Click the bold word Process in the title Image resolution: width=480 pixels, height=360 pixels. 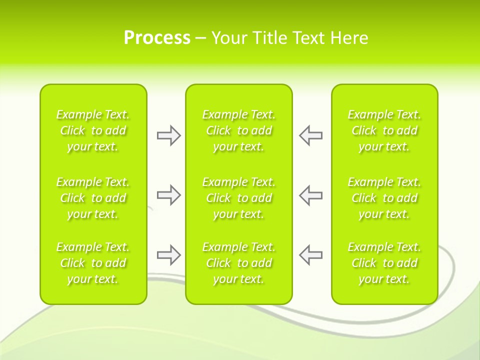pyautogui.click(x=157, y=38)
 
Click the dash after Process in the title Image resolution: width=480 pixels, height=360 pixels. pyautogui.click(x=201, y=38)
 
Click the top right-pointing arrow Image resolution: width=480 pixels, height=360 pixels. pyautogui.click(x=168, y=135)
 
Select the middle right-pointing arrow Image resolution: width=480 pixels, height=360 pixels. pyautogui.click(x=168, y=195)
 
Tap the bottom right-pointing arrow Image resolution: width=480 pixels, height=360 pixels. pyautogui.click(x=168, y=255)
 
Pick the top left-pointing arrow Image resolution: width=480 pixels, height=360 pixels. pyautogui.click(x=310, y=135)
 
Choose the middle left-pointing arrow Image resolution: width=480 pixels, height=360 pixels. pyautogui.click(x=310, y=195)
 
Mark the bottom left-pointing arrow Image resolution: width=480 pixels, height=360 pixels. pyautogui.click(x=310, y=255)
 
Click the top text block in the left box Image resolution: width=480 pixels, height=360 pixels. pyautogui.click(x=93, y=130)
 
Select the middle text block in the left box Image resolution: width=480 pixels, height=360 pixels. pyautogui.click(x=93, y=198)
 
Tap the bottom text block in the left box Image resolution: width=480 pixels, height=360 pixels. pyautogui.click(x=93, y=263)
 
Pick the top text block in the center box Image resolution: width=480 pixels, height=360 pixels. pyautogui.click(x=238, y=130)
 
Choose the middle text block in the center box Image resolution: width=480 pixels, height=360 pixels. pyautogui.click(x=238, y=198)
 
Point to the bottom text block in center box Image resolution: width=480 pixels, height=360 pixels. pyautogui.click(x=238, y=263)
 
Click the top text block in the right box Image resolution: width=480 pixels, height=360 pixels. pyautogui.click(x=384, y=130)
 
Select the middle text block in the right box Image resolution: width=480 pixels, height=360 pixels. pyautogui.click(x=384, y=198)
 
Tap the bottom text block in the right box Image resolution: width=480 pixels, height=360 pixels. pyautogui.click(x=384, y=263)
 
